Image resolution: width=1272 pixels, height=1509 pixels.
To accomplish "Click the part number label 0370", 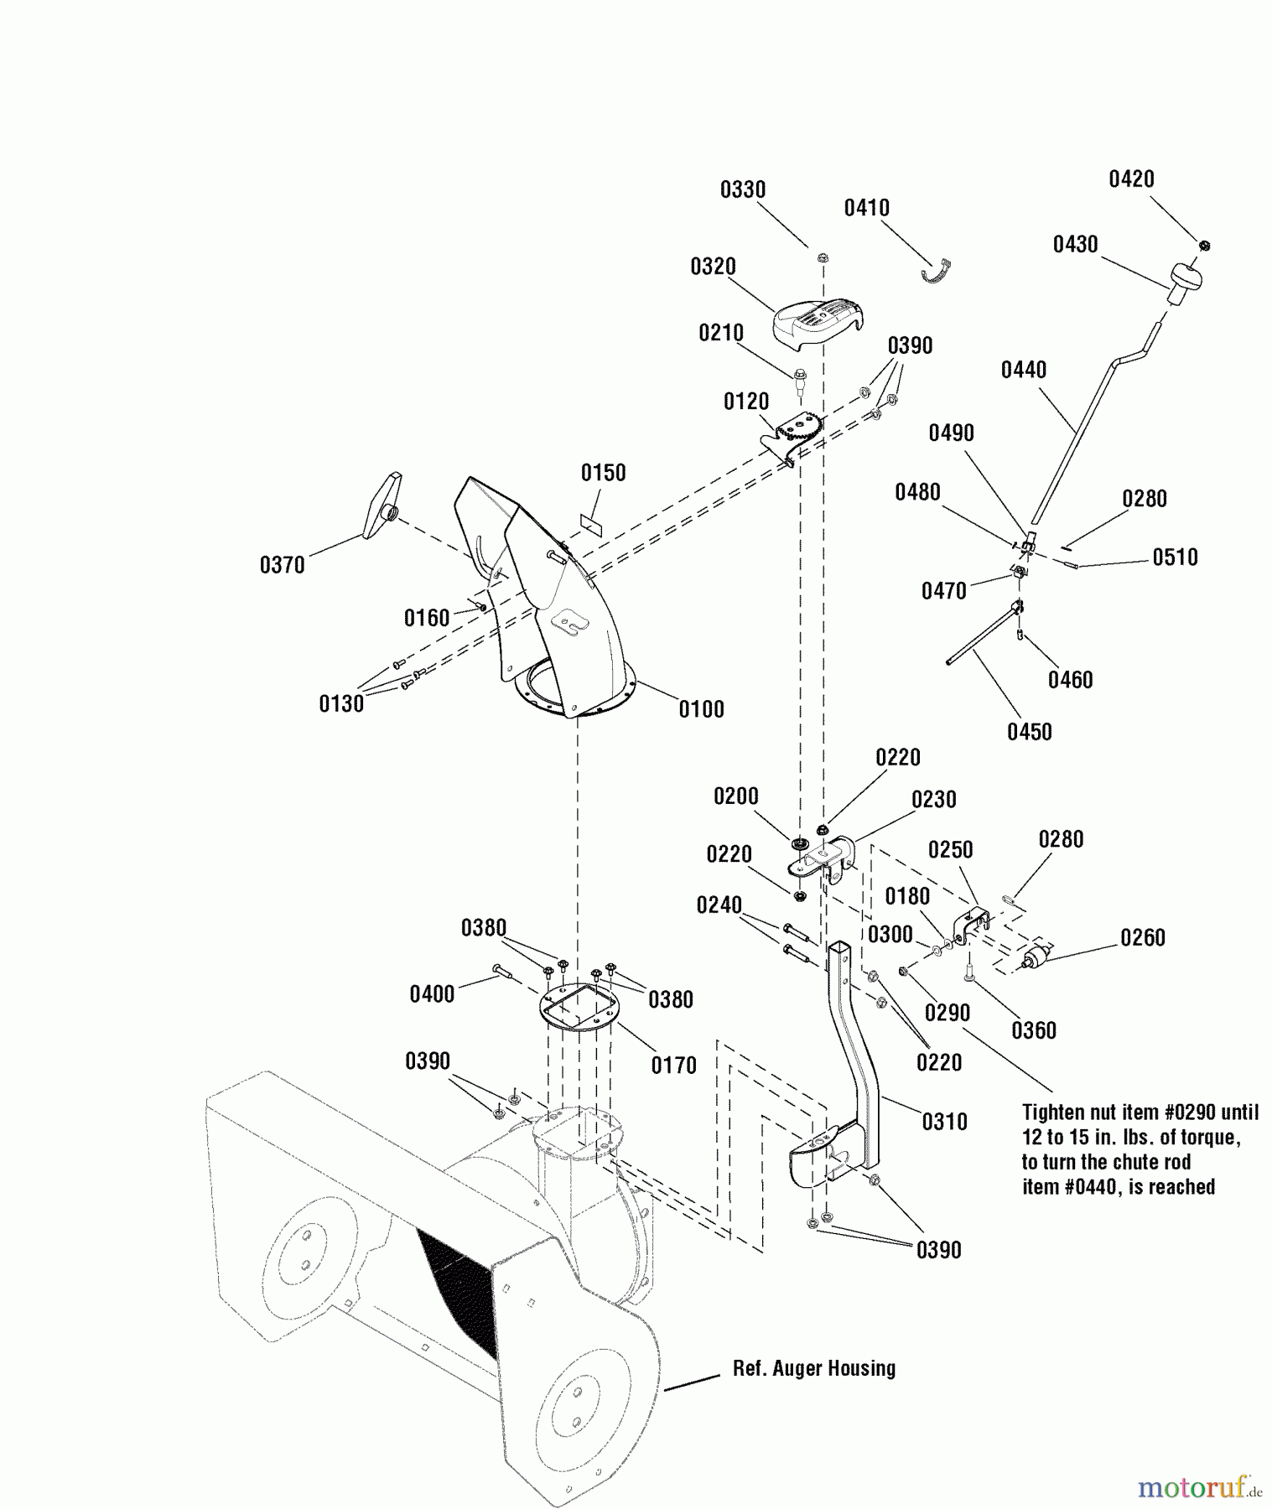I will tap(283, 565).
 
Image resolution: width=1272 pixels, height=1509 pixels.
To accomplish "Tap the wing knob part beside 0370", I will tap(380, 506).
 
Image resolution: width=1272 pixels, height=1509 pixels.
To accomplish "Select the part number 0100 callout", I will tap(701, 709).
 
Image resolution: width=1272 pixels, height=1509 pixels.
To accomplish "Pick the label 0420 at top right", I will tap(1131, 179).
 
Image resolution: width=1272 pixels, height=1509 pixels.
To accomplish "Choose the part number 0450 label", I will tap(1029, 732).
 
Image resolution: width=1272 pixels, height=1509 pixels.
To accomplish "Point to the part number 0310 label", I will tap(944, 1122).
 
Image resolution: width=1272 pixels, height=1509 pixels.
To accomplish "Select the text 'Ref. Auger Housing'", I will tap(814, 1369).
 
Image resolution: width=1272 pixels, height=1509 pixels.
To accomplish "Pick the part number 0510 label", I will tap(1175, 557).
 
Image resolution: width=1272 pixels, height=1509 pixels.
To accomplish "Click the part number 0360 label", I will tap(1033, 1030).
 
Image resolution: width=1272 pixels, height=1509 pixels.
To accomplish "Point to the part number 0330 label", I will tap(743, 190).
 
